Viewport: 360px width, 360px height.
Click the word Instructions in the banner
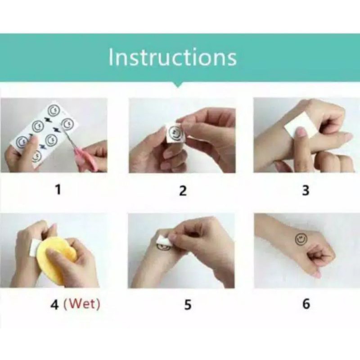[x=172, y=57]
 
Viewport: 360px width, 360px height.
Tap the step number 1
[x=58, y=190]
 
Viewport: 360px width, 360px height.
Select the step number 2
[x=183, y=190]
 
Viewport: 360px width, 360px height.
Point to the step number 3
[x=306, y=190]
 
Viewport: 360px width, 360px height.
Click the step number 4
[x=54, y=305]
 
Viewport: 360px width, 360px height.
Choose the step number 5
[x=188, y=305]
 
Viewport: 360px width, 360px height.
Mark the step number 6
[x=306, y=303]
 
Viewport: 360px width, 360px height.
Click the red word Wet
[x=82, y=304]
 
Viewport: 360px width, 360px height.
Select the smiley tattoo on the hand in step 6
[x=301, y=239]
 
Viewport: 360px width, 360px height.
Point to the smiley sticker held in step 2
[x=175, y=133]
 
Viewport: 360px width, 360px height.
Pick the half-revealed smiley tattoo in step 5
[x=163, y=247]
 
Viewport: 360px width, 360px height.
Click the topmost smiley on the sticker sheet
[x=54, y=110]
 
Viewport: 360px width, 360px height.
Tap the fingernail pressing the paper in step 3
[x=300, y=132]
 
